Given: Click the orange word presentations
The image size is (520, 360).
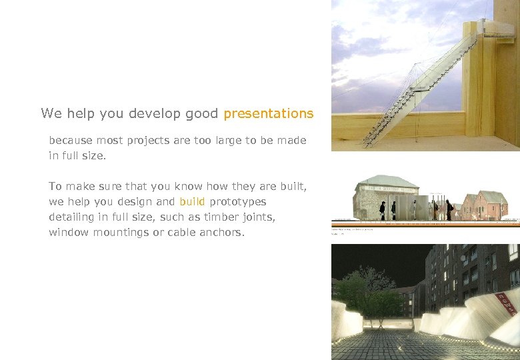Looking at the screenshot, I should pos(268,114).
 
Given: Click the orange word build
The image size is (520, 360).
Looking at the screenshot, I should pos(192,201).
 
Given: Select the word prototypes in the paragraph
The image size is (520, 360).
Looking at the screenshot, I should pos(238,202).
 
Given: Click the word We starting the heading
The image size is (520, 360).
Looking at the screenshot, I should pos(51,113).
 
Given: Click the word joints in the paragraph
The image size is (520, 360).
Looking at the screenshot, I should pos(256,217).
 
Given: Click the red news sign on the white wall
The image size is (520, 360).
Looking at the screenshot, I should pos(507,303).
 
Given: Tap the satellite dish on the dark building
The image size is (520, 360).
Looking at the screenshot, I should pos(463,257).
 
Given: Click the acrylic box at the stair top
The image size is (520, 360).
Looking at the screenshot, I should pos(494,27).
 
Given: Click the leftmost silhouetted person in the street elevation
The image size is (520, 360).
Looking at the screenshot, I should pos(382,209).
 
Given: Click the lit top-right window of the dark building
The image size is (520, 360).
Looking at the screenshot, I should pos(513,251).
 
